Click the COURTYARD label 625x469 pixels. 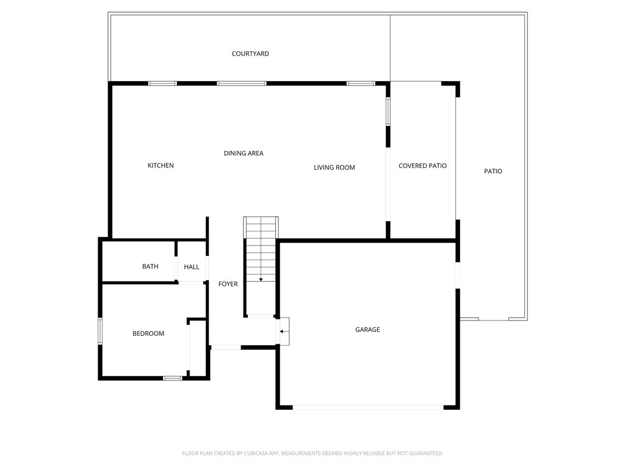(x=250, y=54)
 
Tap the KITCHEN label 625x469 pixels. (x=161, y=165)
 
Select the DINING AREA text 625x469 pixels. (x=244, y=153)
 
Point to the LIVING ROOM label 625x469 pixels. (x=334, y=167)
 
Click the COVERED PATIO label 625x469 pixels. (x=422, y=165)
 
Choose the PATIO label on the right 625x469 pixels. (x=493, y=171)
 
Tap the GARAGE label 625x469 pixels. (x=367, y=330)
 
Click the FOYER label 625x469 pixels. (x=228, y=284)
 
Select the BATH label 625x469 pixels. (x=150, y=266)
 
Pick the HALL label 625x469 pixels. (x=192, y=267)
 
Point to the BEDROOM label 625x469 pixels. (x=148, y=333)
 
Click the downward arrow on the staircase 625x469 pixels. (x=261, y=278)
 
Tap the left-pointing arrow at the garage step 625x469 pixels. (x=282, y=332)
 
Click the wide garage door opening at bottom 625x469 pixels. (x=368, y=407)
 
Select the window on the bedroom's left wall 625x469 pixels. (x=100, y=331)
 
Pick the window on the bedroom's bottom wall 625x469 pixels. (x=172, y=378)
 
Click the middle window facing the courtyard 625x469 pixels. (x=241, y=83)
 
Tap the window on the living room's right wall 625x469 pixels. (x=388, y=112)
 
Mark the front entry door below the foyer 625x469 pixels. (x=225, y=347)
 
